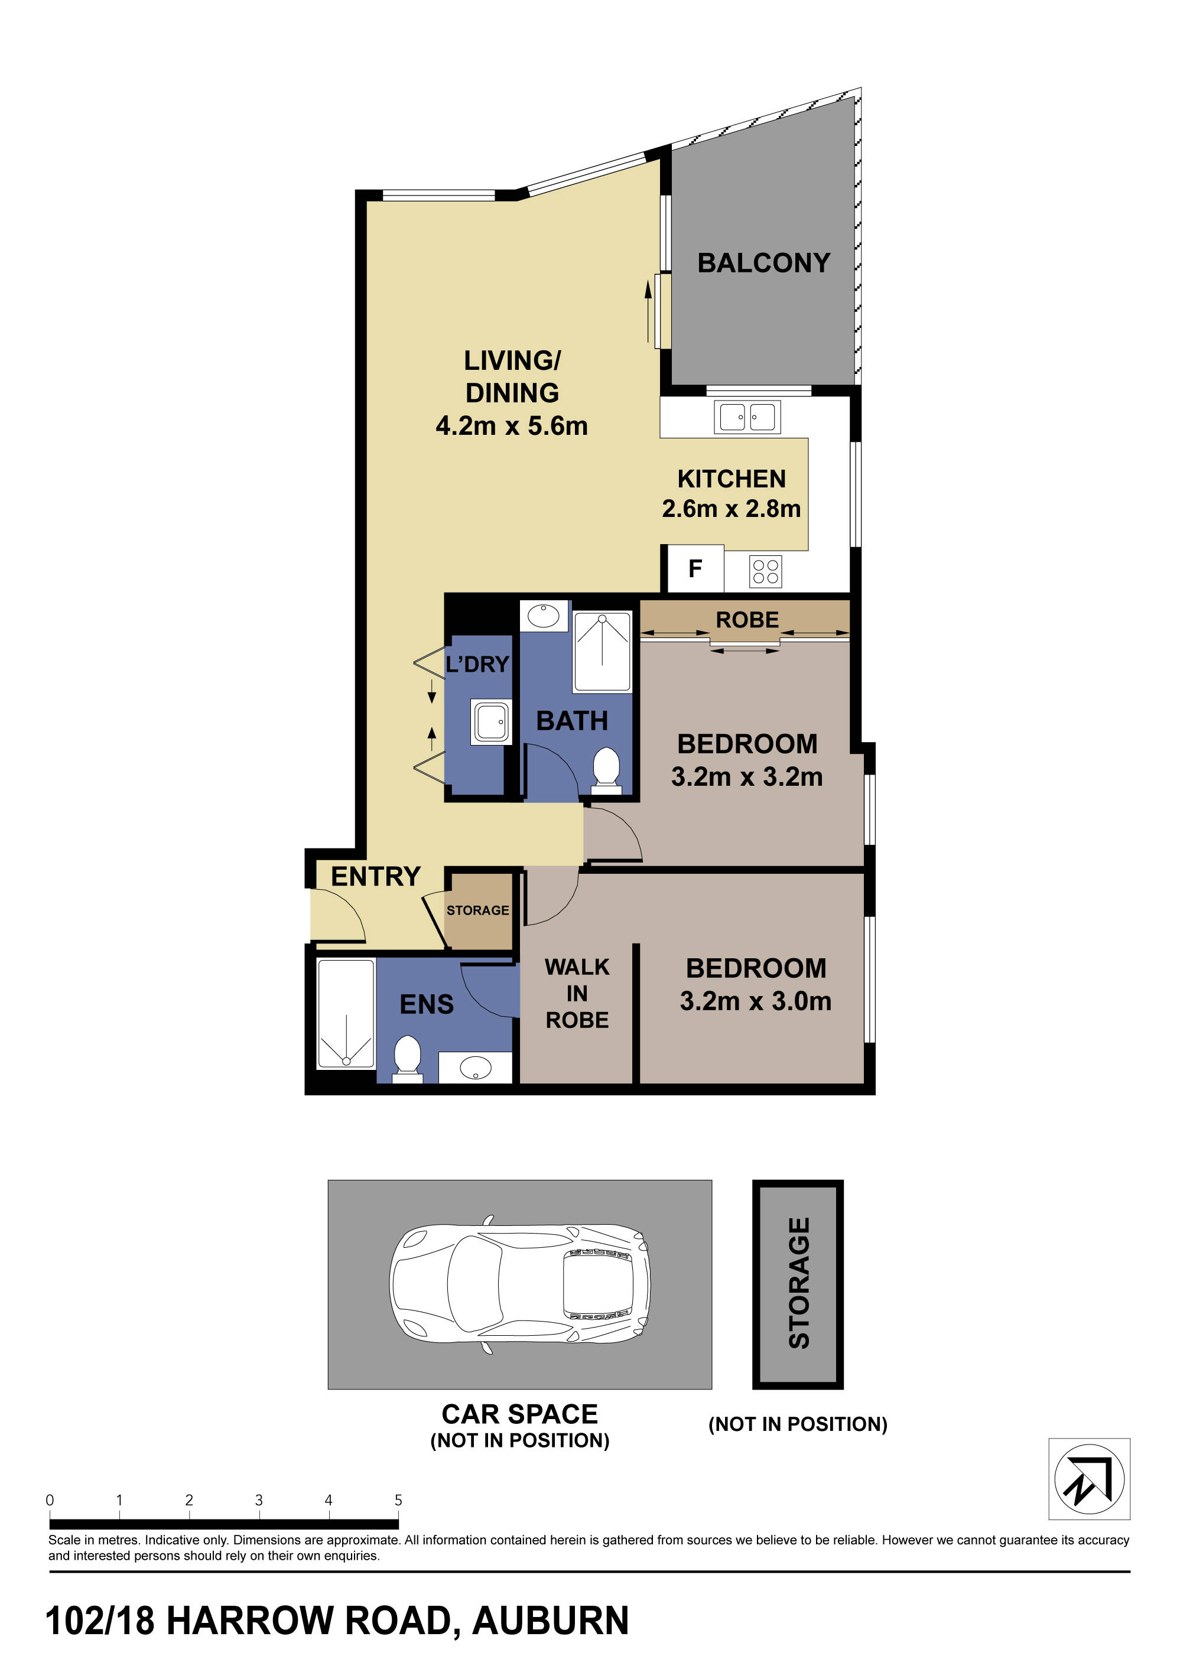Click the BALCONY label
point(763,262)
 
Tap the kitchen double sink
point(747,417)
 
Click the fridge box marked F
point(694,568)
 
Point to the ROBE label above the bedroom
point(747,620)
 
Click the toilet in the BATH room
point(606,769)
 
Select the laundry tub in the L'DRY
point(492,722)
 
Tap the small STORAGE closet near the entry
point(477,910)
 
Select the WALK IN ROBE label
point(577,994)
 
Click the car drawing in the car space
point(519,1284)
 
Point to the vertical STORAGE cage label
point(798,1283)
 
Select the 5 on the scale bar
point(398,1499)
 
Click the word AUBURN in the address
point(550,1621)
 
